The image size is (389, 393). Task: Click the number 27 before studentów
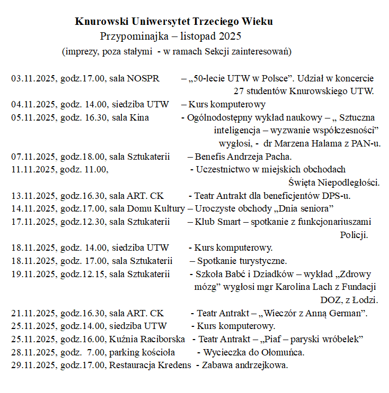pyautogui.click(x=238, y=91)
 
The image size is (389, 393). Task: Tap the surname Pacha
pyautogui.click(x=278, y=157)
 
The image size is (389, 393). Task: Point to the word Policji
pyautogui.click(x=353, y=234)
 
